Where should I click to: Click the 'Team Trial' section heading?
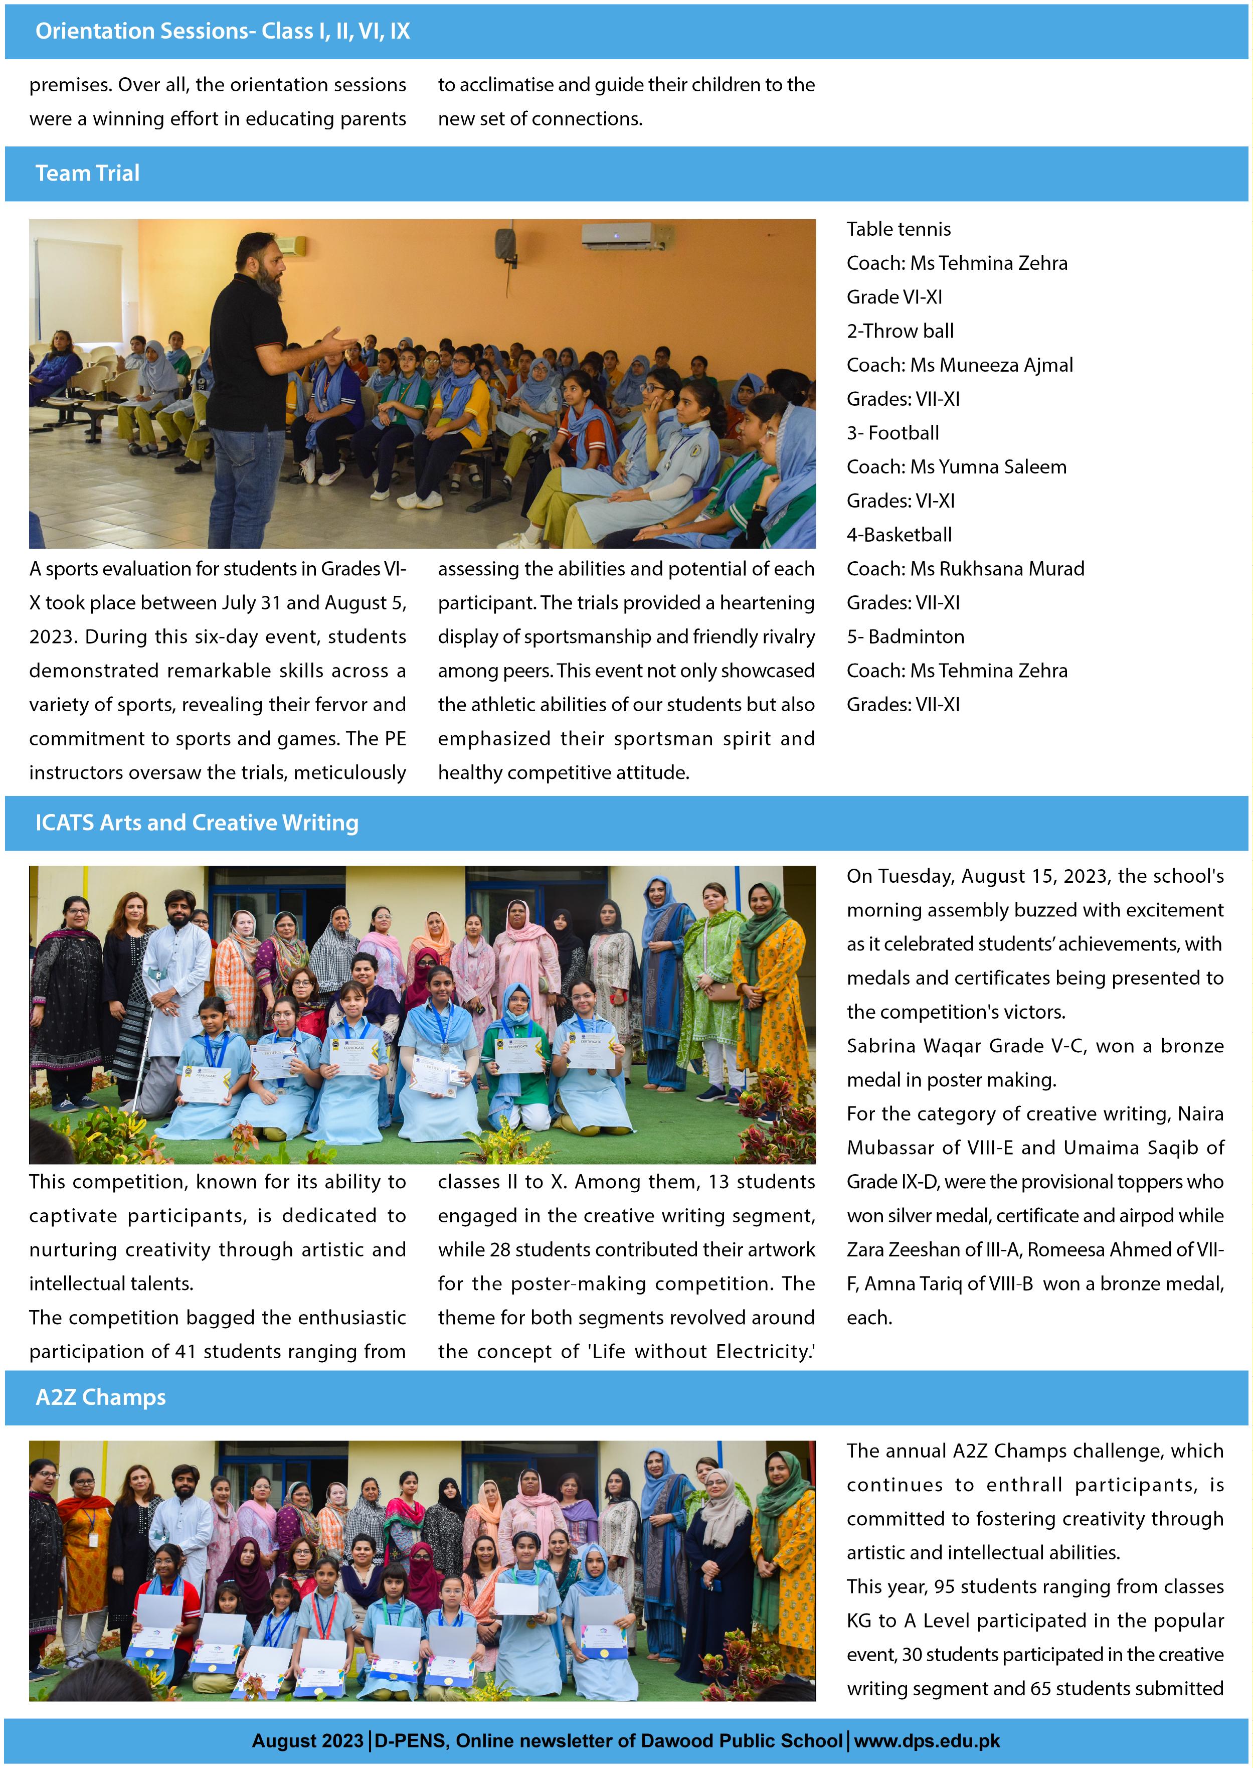[x=87, y=174]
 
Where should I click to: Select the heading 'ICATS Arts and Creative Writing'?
[x=197, y=823]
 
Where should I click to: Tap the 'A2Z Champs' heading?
[x=100, y=1397]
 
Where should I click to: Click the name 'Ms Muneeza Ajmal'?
[x=991, y=365]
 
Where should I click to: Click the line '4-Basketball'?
[x=899, y=535]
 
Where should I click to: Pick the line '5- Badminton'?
[x=905, y=636]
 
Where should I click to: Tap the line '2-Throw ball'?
[x=900, y=331]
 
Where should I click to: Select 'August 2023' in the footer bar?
[x=307, y=1741]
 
